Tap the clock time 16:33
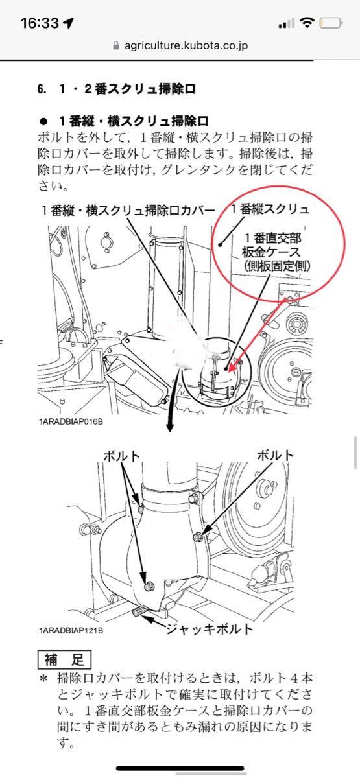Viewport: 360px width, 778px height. click(x=40, y=23)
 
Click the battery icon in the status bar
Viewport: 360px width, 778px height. click(x=331, y=23)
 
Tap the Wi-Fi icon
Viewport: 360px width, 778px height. click(x=307, y=23)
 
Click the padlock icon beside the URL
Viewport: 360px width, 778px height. click(x=116, y=45)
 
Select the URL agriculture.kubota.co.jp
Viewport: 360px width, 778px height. click(x=186, y=45)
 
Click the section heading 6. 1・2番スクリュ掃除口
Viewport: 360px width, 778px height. click(x=116, y=89)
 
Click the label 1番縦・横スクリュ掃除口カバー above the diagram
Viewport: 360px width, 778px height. click(x=128, y=211)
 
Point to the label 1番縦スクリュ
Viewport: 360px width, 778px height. click(x=270, y=209)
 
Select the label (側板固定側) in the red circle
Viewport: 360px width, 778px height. click(x=277, y=266)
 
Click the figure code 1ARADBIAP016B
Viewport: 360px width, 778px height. click(x=71, y=422)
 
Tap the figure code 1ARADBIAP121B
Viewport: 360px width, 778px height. click(x=71, y=630)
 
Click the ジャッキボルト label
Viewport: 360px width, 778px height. click(x=209, y=629)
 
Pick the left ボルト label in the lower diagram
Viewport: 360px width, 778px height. click(x=122, y=456)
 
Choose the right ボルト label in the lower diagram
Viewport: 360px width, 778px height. click(x=275, y=455)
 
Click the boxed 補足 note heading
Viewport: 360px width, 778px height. click(x=64, y=659)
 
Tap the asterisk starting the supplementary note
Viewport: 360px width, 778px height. click(x=43, y=678)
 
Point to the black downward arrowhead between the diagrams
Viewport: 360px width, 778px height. click(x=169, y=426)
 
